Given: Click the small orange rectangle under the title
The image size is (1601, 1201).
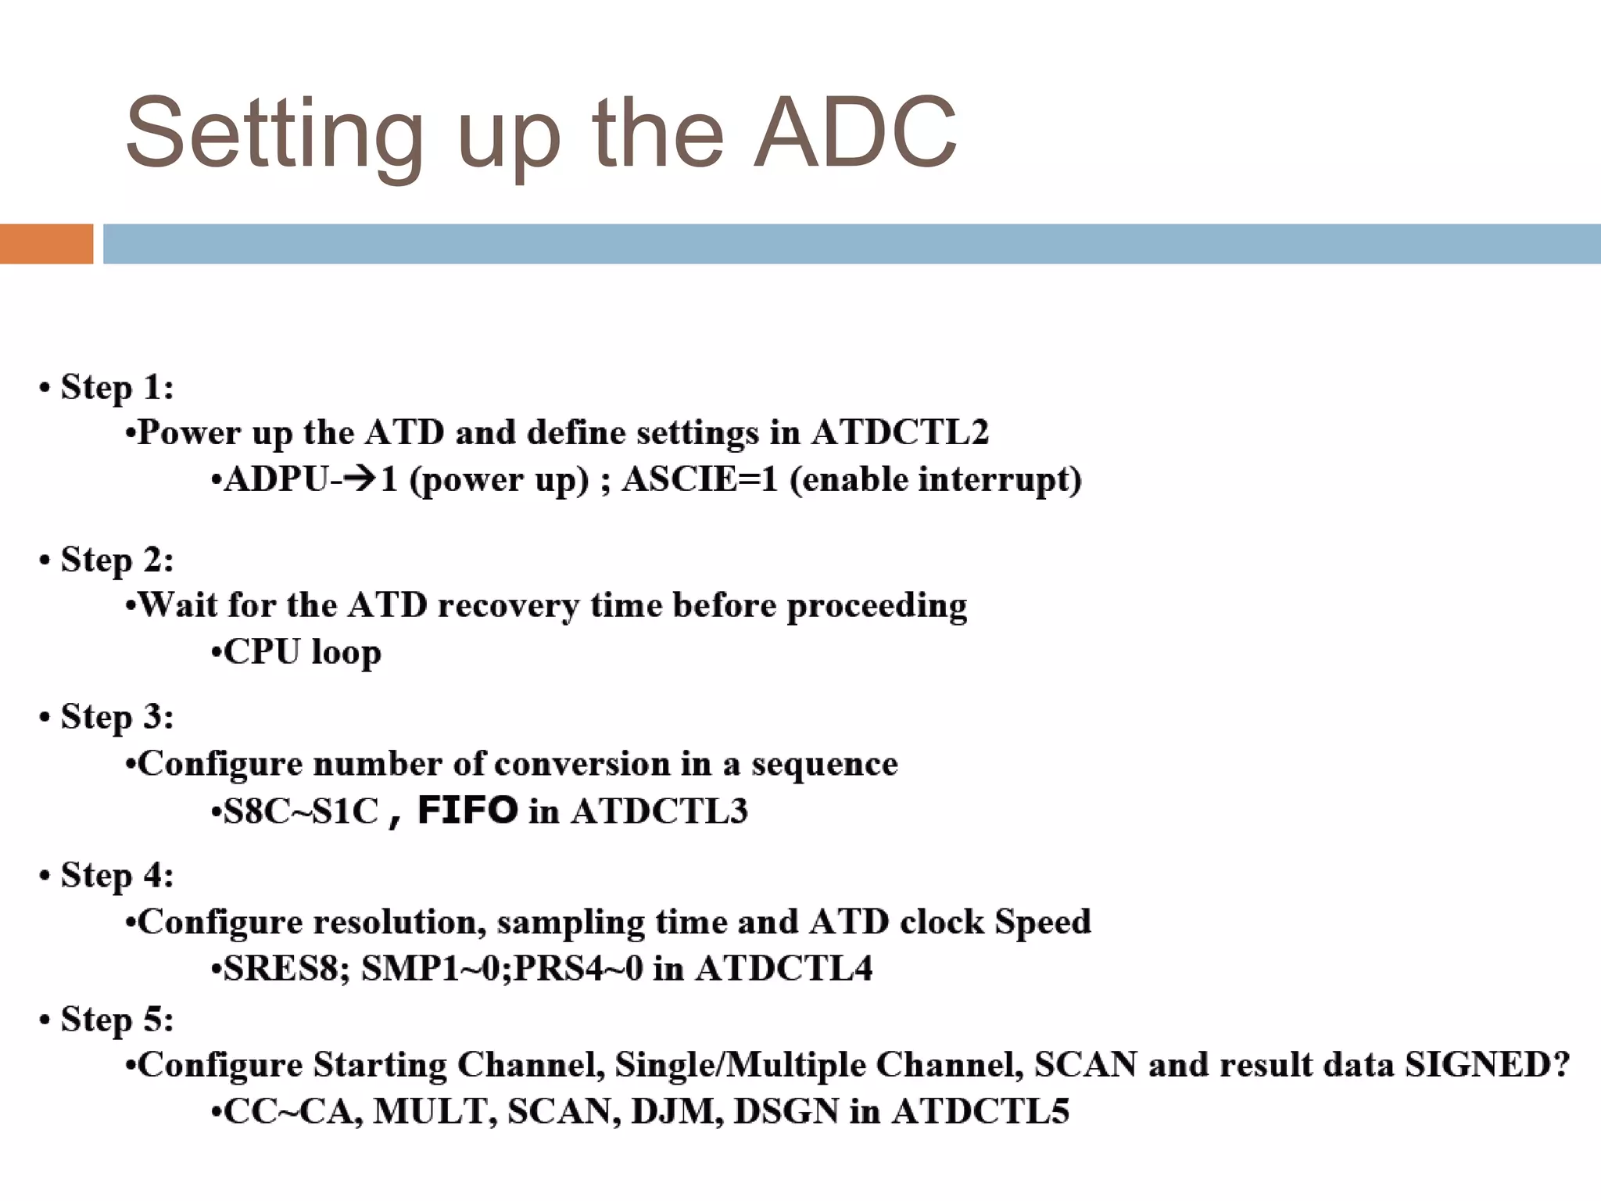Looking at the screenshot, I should pyautogui.click(x=46, y=244).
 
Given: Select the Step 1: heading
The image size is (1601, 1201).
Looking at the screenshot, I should pyautogui.click(x=117, y=387).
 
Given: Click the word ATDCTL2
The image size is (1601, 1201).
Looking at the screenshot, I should pyautogui.click(x=900, y=432).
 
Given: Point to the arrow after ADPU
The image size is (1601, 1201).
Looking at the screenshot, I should pyautogui.click(x=359, y=479).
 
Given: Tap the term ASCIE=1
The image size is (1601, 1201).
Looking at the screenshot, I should pyautogui.click(x=700, y=479).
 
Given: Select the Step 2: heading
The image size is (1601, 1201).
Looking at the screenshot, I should pyautogui.click(x=117, y=560).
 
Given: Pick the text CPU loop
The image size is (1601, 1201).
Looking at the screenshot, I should pyautogui.click(x=302, y=652).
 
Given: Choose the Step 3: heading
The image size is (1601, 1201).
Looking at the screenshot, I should pyautogui.click(x=117, y=717).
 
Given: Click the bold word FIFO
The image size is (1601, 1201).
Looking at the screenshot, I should pyautogui.click(x=467, y=810).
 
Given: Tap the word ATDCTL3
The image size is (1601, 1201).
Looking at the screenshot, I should pyautogui.click(x=659, y=812).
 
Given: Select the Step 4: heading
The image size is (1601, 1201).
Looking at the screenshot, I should pyautogui.click(x=117, y=875).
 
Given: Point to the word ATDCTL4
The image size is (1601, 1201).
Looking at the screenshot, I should pyautogui.click(x=784, y=969).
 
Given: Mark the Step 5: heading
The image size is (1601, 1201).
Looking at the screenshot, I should pyautogui.click(x=117, y=1019).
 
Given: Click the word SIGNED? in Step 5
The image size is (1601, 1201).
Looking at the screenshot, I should pyautogui.click(x=1487, y=1065).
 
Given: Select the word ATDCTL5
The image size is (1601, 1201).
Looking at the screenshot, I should pyautogui.click(x=980, y=1112).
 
